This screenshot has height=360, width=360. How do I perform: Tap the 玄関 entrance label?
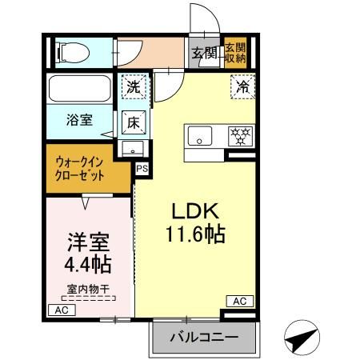[x=204, y=54]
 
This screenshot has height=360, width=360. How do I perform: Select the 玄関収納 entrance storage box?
[x=235, y=53]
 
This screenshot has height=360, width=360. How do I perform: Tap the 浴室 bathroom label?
[x=78, y=120]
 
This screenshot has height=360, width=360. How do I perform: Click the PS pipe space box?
[x=142, y=169]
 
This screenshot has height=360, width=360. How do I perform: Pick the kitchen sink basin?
[x=199, y=136]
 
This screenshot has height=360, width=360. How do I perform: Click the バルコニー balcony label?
[x=203, y=338]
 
